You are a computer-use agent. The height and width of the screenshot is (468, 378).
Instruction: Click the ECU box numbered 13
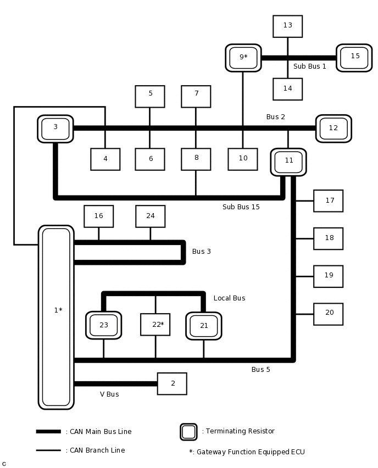coord(287,26)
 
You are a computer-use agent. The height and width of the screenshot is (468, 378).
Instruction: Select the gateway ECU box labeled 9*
coord(243,58)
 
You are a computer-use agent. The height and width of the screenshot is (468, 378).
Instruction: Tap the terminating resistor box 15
coord(354,58)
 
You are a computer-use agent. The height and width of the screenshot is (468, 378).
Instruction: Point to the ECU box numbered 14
coord(287,89)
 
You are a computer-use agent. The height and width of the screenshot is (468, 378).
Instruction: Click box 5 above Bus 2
coord(149,96)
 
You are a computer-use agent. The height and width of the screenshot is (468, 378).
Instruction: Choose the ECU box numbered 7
coord(196,96)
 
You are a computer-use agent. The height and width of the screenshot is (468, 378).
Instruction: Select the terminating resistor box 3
coord(55,129)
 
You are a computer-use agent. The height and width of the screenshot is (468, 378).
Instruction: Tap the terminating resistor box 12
coord(333,129)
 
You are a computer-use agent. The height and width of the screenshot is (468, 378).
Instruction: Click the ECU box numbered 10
coord(242,159)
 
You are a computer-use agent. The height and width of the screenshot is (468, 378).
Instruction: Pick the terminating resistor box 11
coord(288,162)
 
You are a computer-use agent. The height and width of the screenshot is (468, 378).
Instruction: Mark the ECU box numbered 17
coord(328,201)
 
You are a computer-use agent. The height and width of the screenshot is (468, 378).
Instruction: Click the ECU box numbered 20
coord(328,314)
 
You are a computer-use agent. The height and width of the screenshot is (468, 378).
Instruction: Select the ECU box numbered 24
coord(150,216)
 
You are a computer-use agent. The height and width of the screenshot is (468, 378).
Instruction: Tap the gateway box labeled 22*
coord(155,325)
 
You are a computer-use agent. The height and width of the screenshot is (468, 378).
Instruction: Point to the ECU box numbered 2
coord(172,383)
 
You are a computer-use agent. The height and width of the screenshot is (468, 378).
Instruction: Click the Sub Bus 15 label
coord(241,207)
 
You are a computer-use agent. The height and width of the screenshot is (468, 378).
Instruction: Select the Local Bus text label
coord(229,298)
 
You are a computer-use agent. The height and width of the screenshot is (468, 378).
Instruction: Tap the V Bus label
coord(109,394)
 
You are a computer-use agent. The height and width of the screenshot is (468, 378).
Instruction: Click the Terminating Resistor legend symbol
coord(188,432)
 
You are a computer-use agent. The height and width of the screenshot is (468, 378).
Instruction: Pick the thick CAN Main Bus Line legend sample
coord(48,432)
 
